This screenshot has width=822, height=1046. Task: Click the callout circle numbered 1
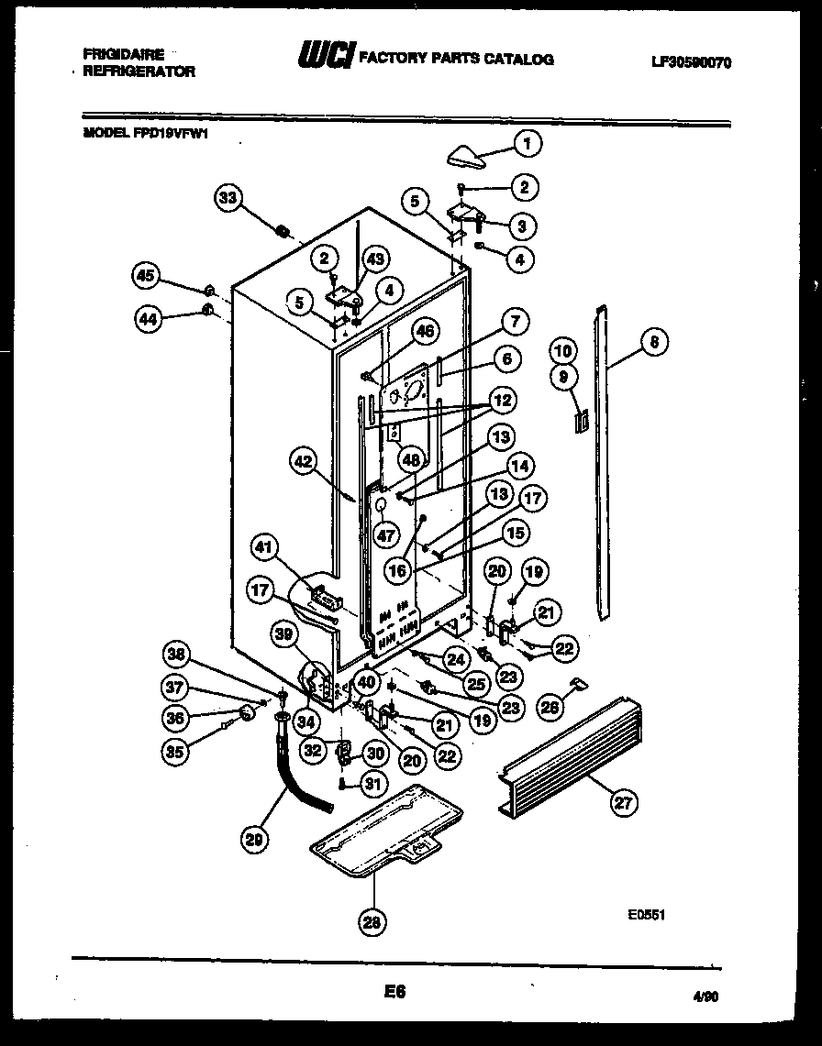(527, 142)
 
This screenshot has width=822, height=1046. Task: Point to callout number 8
(653, 343)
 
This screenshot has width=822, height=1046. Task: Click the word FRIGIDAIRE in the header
(123, 55)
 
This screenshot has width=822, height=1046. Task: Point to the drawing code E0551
(646, 914)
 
